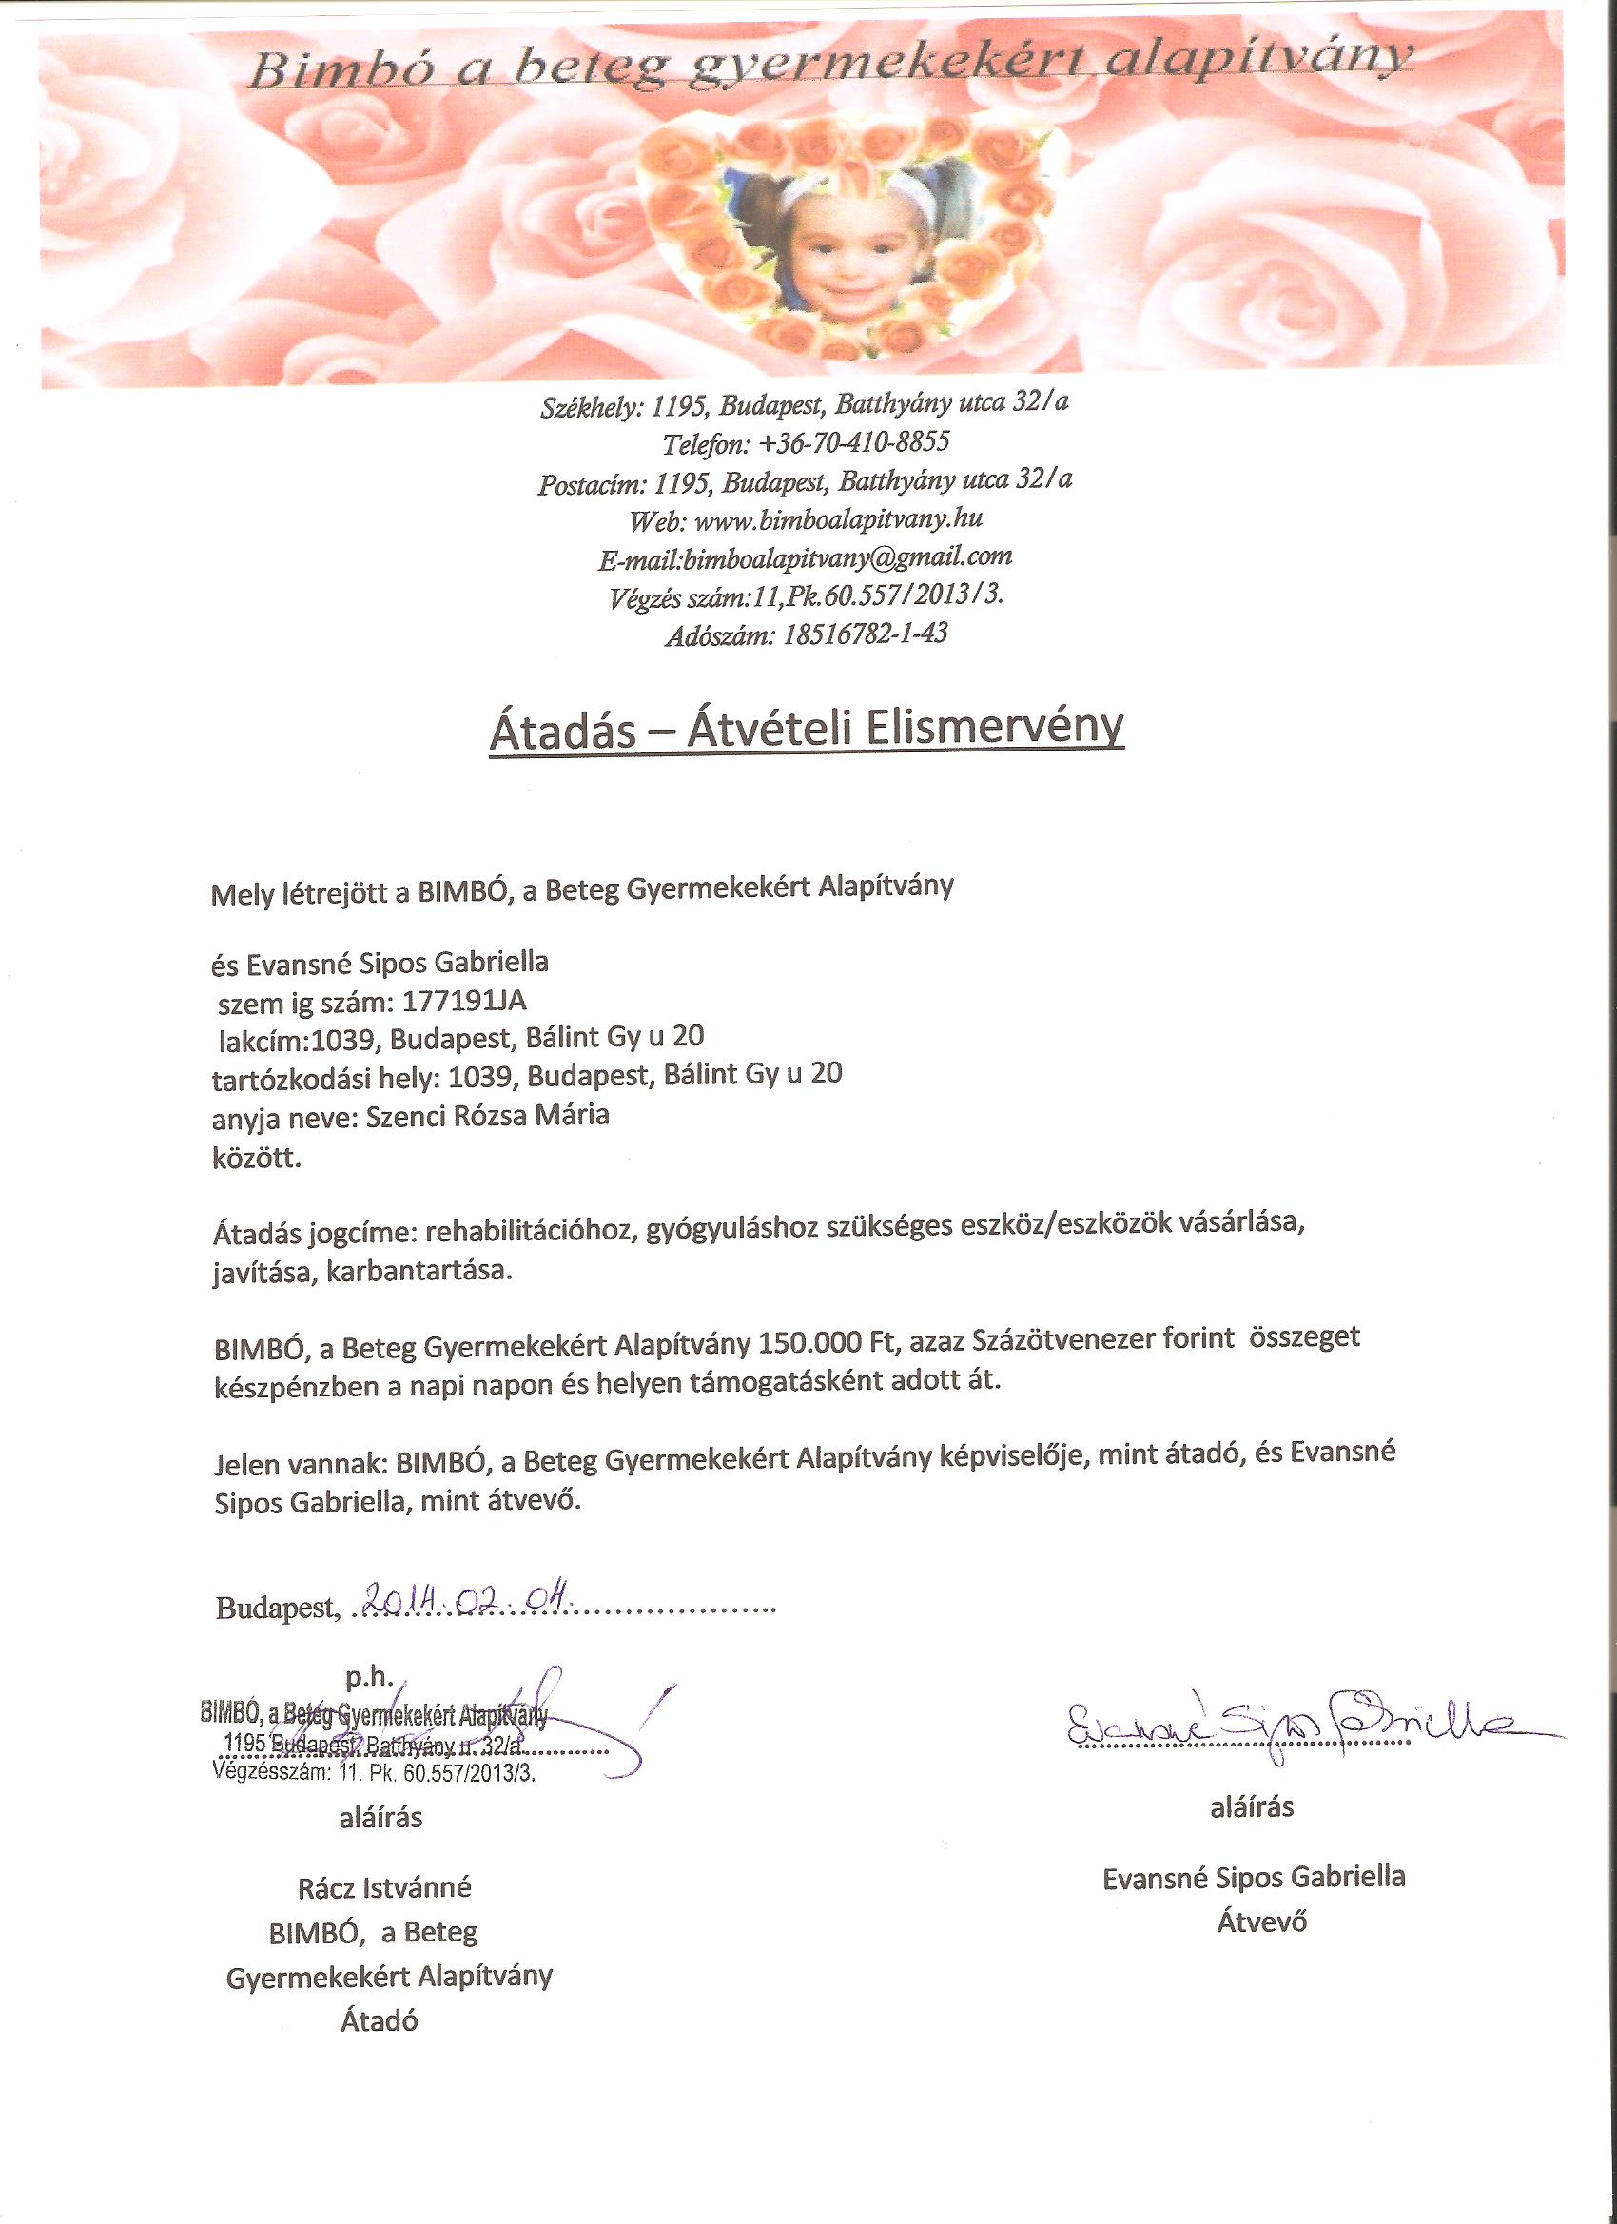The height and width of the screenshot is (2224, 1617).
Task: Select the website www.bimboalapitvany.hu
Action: [x=837, y=518]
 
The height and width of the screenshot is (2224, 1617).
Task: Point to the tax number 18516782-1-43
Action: [x=865, y=634]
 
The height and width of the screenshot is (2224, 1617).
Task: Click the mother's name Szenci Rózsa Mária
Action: [x=487, y=1115]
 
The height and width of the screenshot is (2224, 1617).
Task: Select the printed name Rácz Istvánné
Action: [x=384, y=1887]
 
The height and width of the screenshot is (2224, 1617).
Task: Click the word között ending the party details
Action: [x=257, y=1158]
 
